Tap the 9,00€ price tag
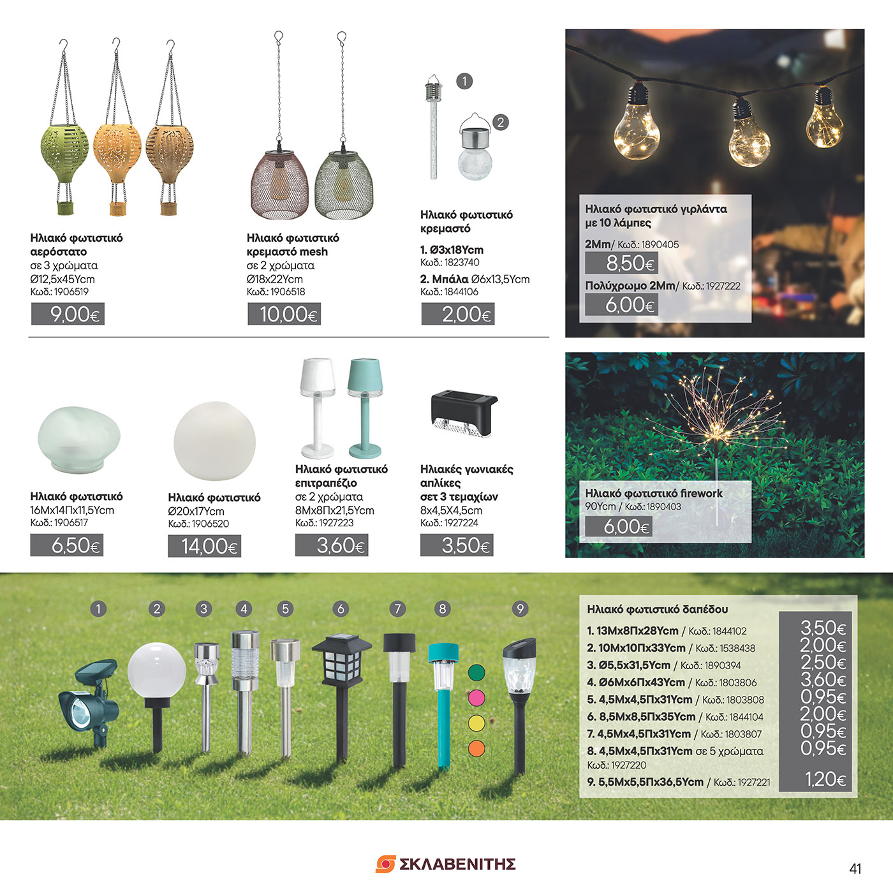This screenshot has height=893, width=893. (68, 314)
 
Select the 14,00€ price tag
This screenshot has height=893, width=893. (204, 546)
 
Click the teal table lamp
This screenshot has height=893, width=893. (365, 405)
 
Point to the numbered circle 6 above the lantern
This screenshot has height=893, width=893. (341, 609)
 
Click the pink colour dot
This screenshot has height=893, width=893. (476, 698)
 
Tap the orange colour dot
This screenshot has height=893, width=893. (476, 748)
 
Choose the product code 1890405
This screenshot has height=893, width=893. (660, 244)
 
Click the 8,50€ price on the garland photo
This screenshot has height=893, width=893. (622, 263)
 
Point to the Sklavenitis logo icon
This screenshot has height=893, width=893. (385, 864)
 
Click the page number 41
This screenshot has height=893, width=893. (855, 868)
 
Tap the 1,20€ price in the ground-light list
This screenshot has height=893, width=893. (825, 779)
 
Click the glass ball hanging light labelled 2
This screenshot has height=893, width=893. (475, 153)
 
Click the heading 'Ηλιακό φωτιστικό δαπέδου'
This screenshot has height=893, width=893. (657, 609)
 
